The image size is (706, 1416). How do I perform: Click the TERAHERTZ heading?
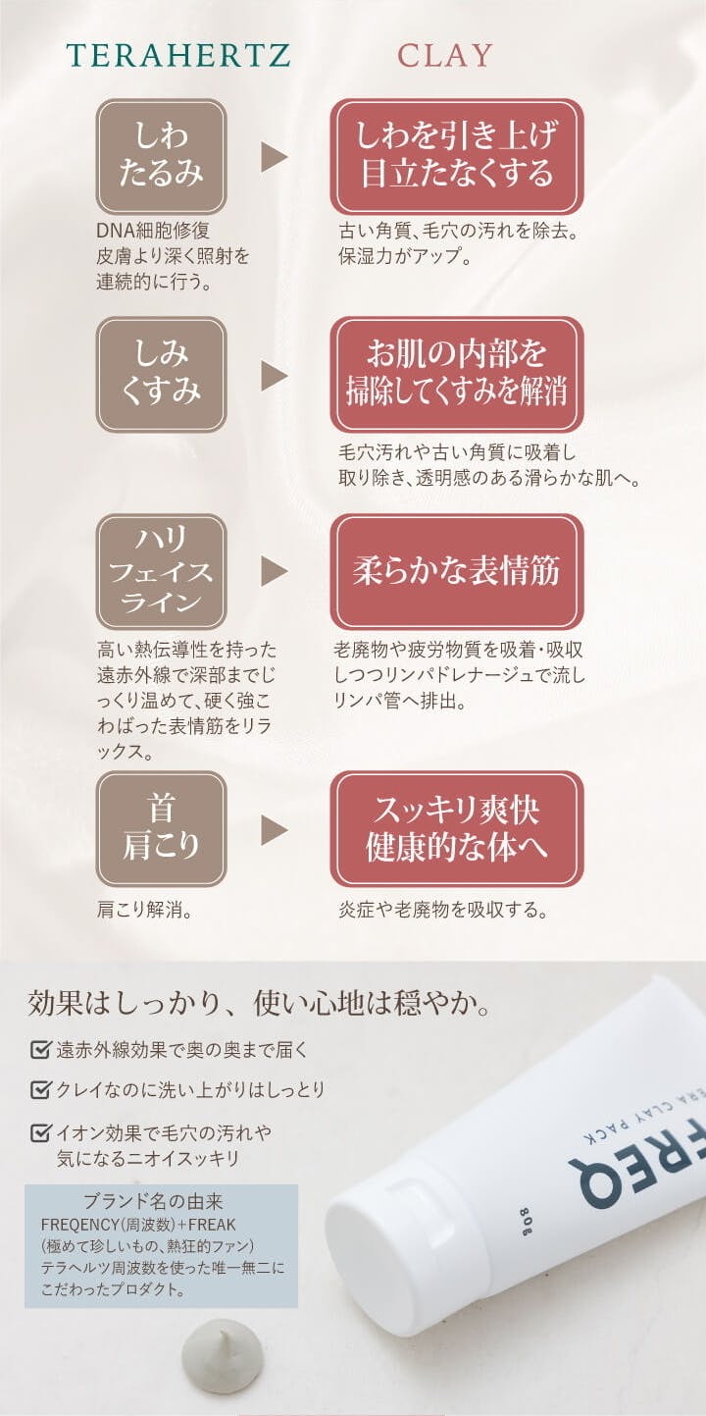[x=178, y=56]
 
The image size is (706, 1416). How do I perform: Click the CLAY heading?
[x=444, y=56]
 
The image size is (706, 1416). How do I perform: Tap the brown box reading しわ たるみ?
[x=161, y=156]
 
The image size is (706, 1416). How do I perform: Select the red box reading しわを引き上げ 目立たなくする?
[x=456, y=156]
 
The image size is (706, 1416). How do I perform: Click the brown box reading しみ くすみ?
[x=161, y=374]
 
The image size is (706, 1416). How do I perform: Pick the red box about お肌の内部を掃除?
[x=456, y=374]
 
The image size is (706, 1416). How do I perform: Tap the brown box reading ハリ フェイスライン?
[x=161, y=571]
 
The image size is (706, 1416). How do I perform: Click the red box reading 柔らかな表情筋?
[x=456, y=571]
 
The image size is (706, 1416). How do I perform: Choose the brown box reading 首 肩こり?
[x=161, y=829]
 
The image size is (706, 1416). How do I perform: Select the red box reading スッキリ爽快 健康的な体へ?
[x=456, y=829]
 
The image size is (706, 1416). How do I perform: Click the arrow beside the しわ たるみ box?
[x=274, y=156]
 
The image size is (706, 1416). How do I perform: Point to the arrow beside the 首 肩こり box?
[x=274, y=829]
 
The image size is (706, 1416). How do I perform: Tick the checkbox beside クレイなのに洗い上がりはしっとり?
[x=40, y=1089]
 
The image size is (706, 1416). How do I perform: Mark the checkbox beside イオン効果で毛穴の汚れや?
[x=40, y=1132]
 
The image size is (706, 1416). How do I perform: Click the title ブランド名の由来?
[x=153, y=1201]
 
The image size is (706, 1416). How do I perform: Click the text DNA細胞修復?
[x=153, y=231]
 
